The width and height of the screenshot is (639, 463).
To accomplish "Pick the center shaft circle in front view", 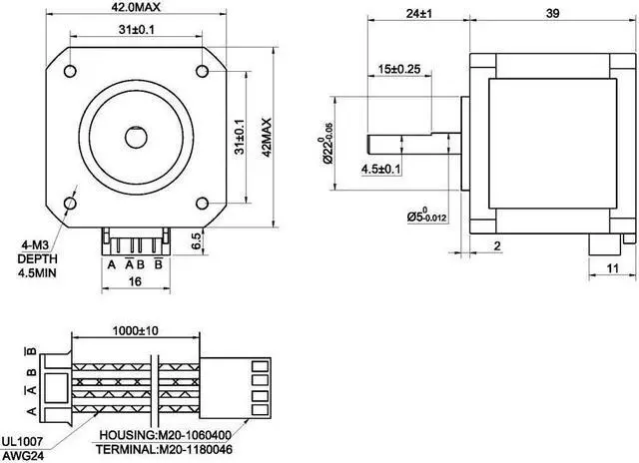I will [136, 135].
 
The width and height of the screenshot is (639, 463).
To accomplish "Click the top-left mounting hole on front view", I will [71, 71].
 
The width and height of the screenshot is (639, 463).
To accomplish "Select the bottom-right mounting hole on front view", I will [202, 199].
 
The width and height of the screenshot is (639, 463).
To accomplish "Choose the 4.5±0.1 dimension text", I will [380, 169].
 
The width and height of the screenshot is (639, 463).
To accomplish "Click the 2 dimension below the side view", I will [495, 245].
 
